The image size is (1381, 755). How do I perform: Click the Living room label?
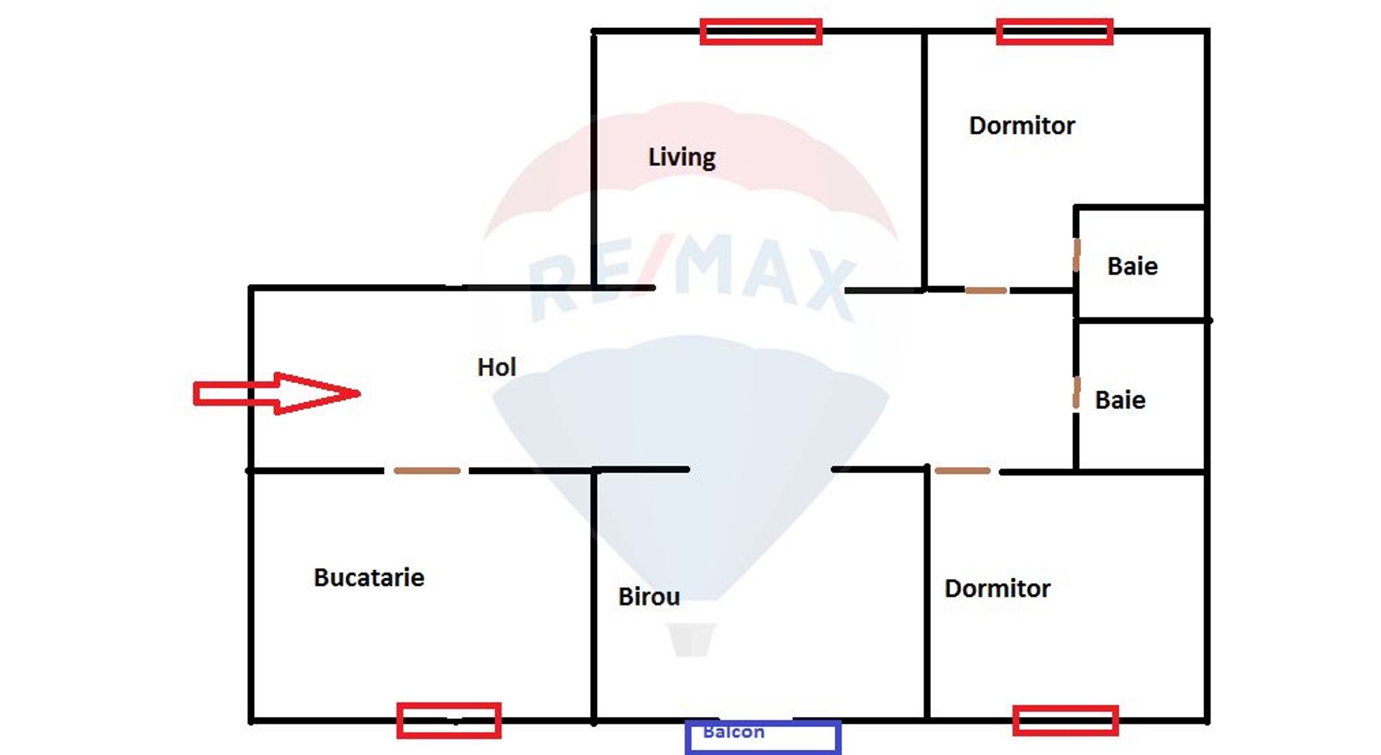[x=682, y=157]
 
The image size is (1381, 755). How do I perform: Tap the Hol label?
[x=496, y=367]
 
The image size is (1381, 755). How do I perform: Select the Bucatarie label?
[x=369, y=577]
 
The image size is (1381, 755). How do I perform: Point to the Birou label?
[x=649, y=597]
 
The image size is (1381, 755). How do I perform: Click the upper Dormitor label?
[x=1021, y=126]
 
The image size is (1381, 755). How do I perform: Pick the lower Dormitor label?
[x=997, y=589]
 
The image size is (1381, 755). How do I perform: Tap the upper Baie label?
[x=1132, y=267]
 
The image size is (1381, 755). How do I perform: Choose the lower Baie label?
[x=1120, y=401]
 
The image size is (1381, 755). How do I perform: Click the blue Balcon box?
[x=762, y=736]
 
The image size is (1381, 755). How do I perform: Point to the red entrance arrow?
[x=277, y=393]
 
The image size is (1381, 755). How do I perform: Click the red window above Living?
[x=761, y=32]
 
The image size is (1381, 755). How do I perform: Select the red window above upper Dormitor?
[x=1054, y=32]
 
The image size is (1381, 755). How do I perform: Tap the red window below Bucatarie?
[x=449, y=720]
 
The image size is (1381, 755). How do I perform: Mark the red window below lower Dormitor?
[x=1065, y=720]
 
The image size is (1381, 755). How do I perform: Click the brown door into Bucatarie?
[x=427, y=471]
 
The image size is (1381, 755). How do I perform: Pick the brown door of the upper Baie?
[x=1076, y=255]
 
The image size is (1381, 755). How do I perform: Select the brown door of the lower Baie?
[x=1076, y=393]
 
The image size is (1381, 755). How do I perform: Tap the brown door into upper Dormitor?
[x=985, y=290]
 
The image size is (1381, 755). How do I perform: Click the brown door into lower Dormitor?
[x=962, y=471]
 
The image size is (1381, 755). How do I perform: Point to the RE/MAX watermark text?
[x=690, y=277]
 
